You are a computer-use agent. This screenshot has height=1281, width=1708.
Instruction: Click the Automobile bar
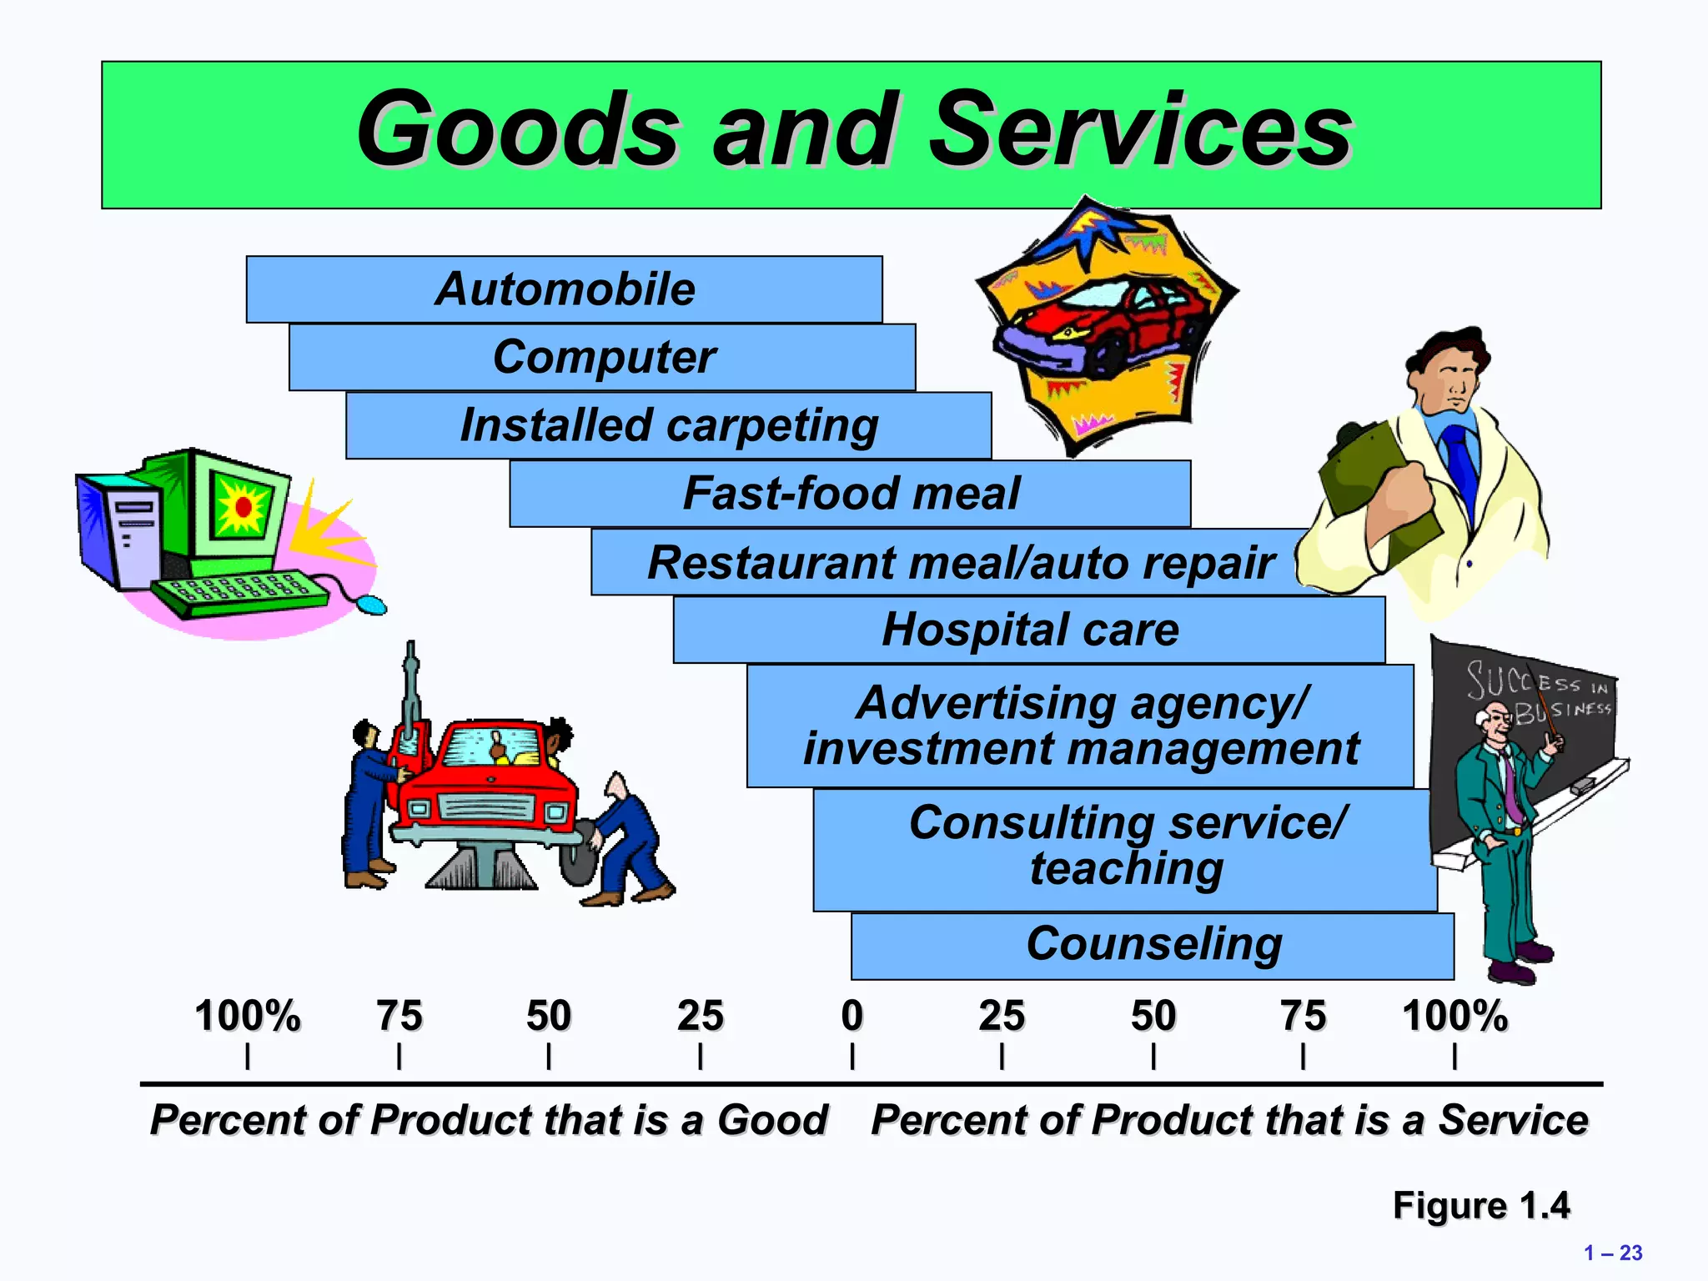(x=564, y=289)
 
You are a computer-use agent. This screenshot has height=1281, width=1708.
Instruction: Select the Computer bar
(x=602, y=357)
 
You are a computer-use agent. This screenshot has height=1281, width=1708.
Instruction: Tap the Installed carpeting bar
(x=668, y=425)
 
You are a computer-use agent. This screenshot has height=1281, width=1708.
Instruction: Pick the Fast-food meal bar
(x=850, y=493)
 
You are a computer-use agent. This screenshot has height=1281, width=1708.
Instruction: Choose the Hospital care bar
(x=1029, y=630)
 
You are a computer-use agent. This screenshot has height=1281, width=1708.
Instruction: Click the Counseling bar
(x=1153, y=946)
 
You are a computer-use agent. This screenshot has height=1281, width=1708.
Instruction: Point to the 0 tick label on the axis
(x=851, y=1017)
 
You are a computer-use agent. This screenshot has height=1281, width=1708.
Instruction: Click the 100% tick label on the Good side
(x=247, y=1017)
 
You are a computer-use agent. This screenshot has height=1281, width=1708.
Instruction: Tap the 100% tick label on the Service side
(x=1454, y=1017)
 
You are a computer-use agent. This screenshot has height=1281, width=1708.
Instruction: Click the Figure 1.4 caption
(x=1480, y=1206)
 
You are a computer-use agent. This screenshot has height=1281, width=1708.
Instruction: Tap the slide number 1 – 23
(x=1613, y=1253)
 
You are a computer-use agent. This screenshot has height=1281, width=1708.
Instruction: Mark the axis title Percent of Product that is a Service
(x=1229, y=1120)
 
